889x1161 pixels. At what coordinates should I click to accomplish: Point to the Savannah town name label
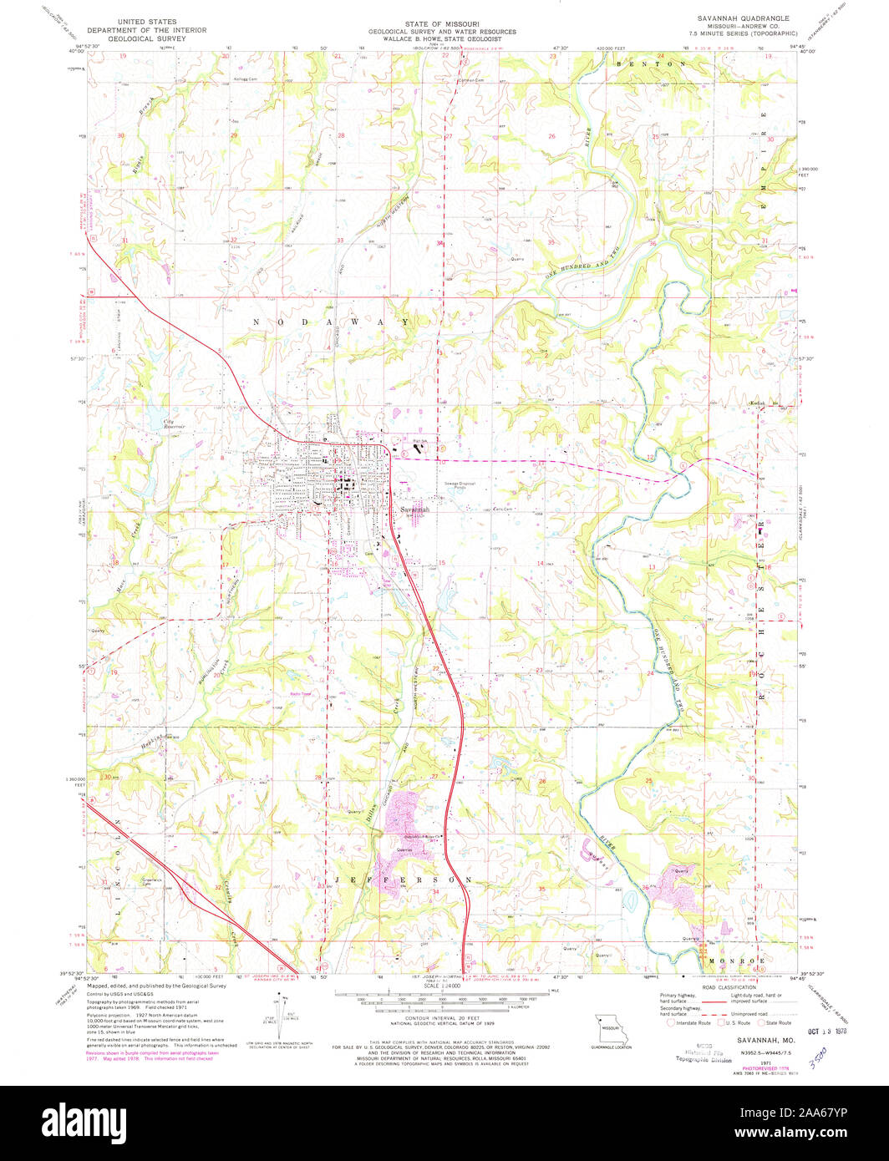pyautogui.click(x=414, y=510)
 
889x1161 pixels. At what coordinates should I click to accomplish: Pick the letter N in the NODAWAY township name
pyautogui.click(x=257, y=322)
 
